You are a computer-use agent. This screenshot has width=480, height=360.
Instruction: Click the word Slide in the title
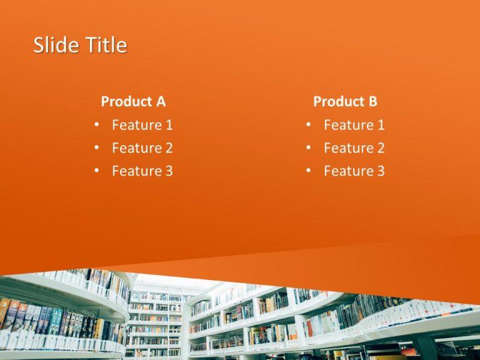tap(52, 46)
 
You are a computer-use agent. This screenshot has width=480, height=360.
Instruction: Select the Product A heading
tap(133, 101)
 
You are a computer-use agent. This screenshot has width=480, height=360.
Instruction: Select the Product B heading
tap(345, 101)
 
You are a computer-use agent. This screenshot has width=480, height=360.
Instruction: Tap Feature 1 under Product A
tap(142, 125)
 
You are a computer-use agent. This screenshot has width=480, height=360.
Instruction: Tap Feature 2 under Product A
tap(142, 148)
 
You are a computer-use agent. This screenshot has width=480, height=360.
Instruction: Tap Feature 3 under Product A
tap(142, 171)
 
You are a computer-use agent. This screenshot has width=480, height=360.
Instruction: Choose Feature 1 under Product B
tap(354, 125)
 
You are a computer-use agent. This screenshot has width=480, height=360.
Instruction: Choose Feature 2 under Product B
tap(354, 148)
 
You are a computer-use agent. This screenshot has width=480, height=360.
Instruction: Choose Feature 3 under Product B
tap(354, 171)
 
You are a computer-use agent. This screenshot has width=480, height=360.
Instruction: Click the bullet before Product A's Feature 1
tap(96, 125)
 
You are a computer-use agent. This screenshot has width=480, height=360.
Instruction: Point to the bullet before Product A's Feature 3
tap(96, 171)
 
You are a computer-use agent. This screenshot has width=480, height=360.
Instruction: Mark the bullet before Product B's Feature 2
tap(309, 148)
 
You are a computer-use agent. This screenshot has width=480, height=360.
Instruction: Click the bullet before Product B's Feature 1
tap(309, 125)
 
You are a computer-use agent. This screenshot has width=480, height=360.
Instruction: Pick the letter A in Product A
tap(161, 101)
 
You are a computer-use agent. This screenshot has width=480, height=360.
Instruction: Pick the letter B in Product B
tap(372, 101)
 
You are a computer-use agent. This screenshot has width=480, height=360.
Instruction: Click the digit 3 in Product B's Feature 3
tap(381, 171)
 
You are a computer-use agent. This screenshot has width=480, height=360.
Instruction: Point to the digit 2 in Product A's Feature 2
tap(169, 148)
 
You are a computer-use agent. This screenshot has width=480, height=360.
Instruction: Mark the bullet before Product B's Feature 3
tap(309, 171)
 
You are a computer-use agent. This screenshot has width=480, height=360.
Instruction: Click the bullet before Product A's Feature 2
tap(96, 148)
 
